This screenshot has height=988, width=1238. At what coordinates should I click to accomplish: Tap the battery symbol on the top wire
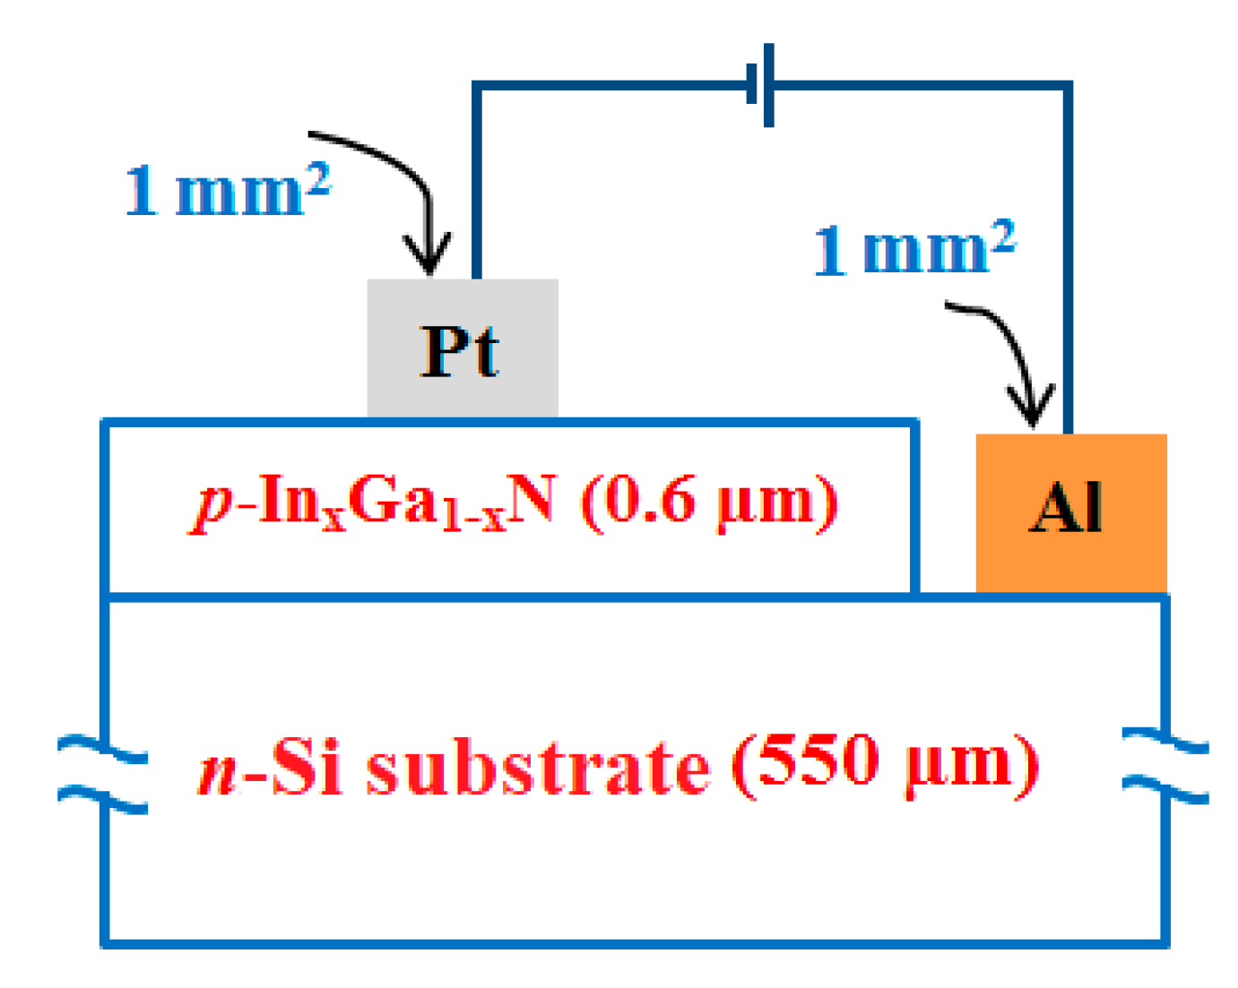point(761,85)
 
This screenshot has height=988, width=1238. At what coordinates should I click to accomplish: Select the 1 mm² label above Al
point(914,248)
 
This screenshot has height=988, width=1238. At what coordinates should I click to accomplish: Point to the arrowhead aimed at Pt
point(429,260)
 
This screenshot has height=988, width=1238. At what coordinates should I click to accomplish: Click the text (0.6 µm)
point(709,502)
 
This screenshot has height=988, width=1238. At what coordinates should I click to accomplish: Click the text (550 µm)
point(885,763)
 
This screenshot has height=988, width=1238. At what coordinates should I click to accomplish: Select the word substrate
point(538,769)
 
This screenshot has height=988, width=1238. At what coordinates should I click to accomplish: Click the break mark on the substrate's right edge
point(1165,767)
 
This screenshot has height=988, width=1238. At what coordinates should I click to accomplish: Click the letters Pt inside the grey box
point(459,351)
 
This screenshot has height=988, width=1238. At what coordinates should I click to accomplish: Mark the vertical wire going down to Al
point(1068,260)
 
